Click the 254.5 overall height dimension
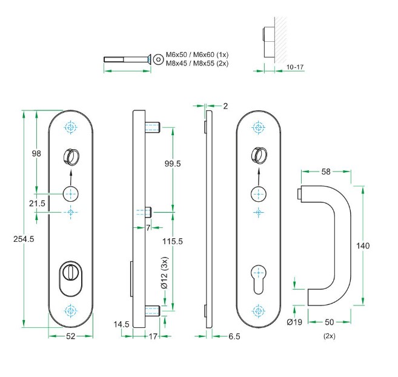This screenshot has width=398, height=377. coord(24,239)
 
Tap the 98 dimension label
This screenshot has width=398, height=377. coord(36,153)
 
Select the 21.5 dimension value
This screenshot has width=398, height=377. coord(37,203)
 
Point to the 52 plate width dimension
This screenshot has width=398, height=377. coord(70,336)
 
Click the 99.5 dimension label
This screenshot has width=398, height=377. coord(173,164)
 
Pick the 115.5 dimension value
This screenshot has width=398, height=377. coord(173,241)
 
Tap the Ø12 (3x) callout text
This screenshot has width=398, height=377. coord(165,273)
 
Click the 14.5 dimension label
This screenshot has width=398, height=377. coord(122,324)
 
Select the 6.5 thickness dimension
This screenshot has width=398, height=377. coord(234,336)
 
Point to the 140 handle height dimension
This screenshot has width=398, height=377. coord(363,245)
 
